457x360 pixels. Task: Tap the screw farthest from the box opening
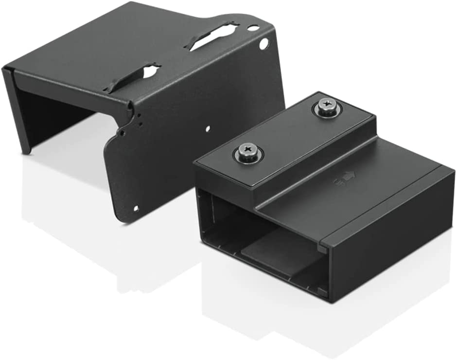(x=327, y=107)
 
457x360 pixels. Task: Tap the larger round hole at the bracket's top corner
(x=264, y=44)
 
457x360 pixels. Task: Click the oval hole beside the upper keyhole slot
(x=253, y=28)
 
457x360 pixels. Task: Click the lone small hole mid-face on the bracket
(x=208, y=129)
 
